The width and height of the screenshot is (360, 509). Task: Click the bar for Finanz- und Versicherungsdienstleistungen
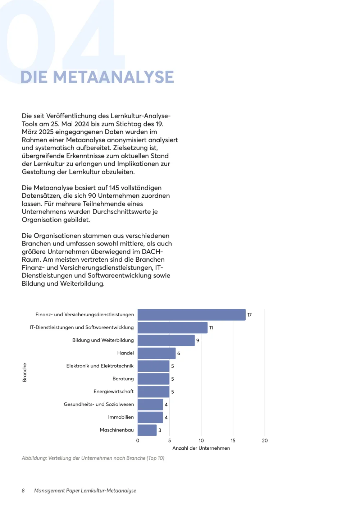(x=191, y=315)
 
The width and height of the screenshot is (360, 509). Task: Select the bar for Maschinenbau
(x=147, y=430)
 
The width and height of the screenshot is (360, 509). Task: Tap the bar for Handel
(x=156, y=353)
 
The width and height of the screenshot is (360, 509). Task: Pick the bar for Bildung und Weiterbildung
(x=166, y=340)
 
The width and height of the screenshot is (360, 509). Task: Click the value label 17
(x=250, y=315)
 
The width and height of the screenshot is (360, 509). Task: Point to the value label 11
(x=211, y=328)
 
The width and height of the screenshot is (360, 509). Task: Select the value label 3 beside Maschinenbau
(x=160, y=430)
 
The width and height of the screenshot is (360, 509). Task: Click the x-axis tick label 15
(x=233, y=441)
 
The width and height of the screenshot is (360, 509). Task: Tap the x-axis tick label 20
(x=265, y=441)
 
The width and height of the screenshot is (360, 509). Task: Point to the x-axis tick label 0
(x=138, y=441)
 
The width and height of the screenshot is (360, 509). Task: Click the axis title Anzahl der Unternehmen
(x=201, y=448)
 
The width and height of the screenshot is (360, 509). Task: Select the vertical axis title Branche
(x=24, y=372)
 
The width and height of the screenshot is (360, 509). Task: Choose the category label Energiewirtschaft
(x=114, y=391)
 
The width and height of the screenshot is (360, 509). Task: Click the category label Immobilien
(x=121, y=417)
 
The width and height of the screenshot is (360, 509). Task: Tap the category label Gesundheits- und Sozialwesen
(x=99, y=404)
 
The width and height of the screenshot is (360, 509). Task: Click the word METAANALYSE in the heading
(x=114, y=77)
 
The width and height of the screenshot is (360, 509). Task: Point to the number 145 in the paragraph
(x=114, y=188)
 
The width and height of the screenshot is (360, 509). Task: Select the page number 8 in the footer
(x=23, y=491)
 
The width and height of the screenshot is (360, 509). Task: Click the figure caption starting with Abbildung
(x=93, y=458)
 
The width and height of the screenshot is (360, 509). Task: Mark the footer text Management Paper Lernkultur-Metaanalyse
(x=85, y=491)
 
